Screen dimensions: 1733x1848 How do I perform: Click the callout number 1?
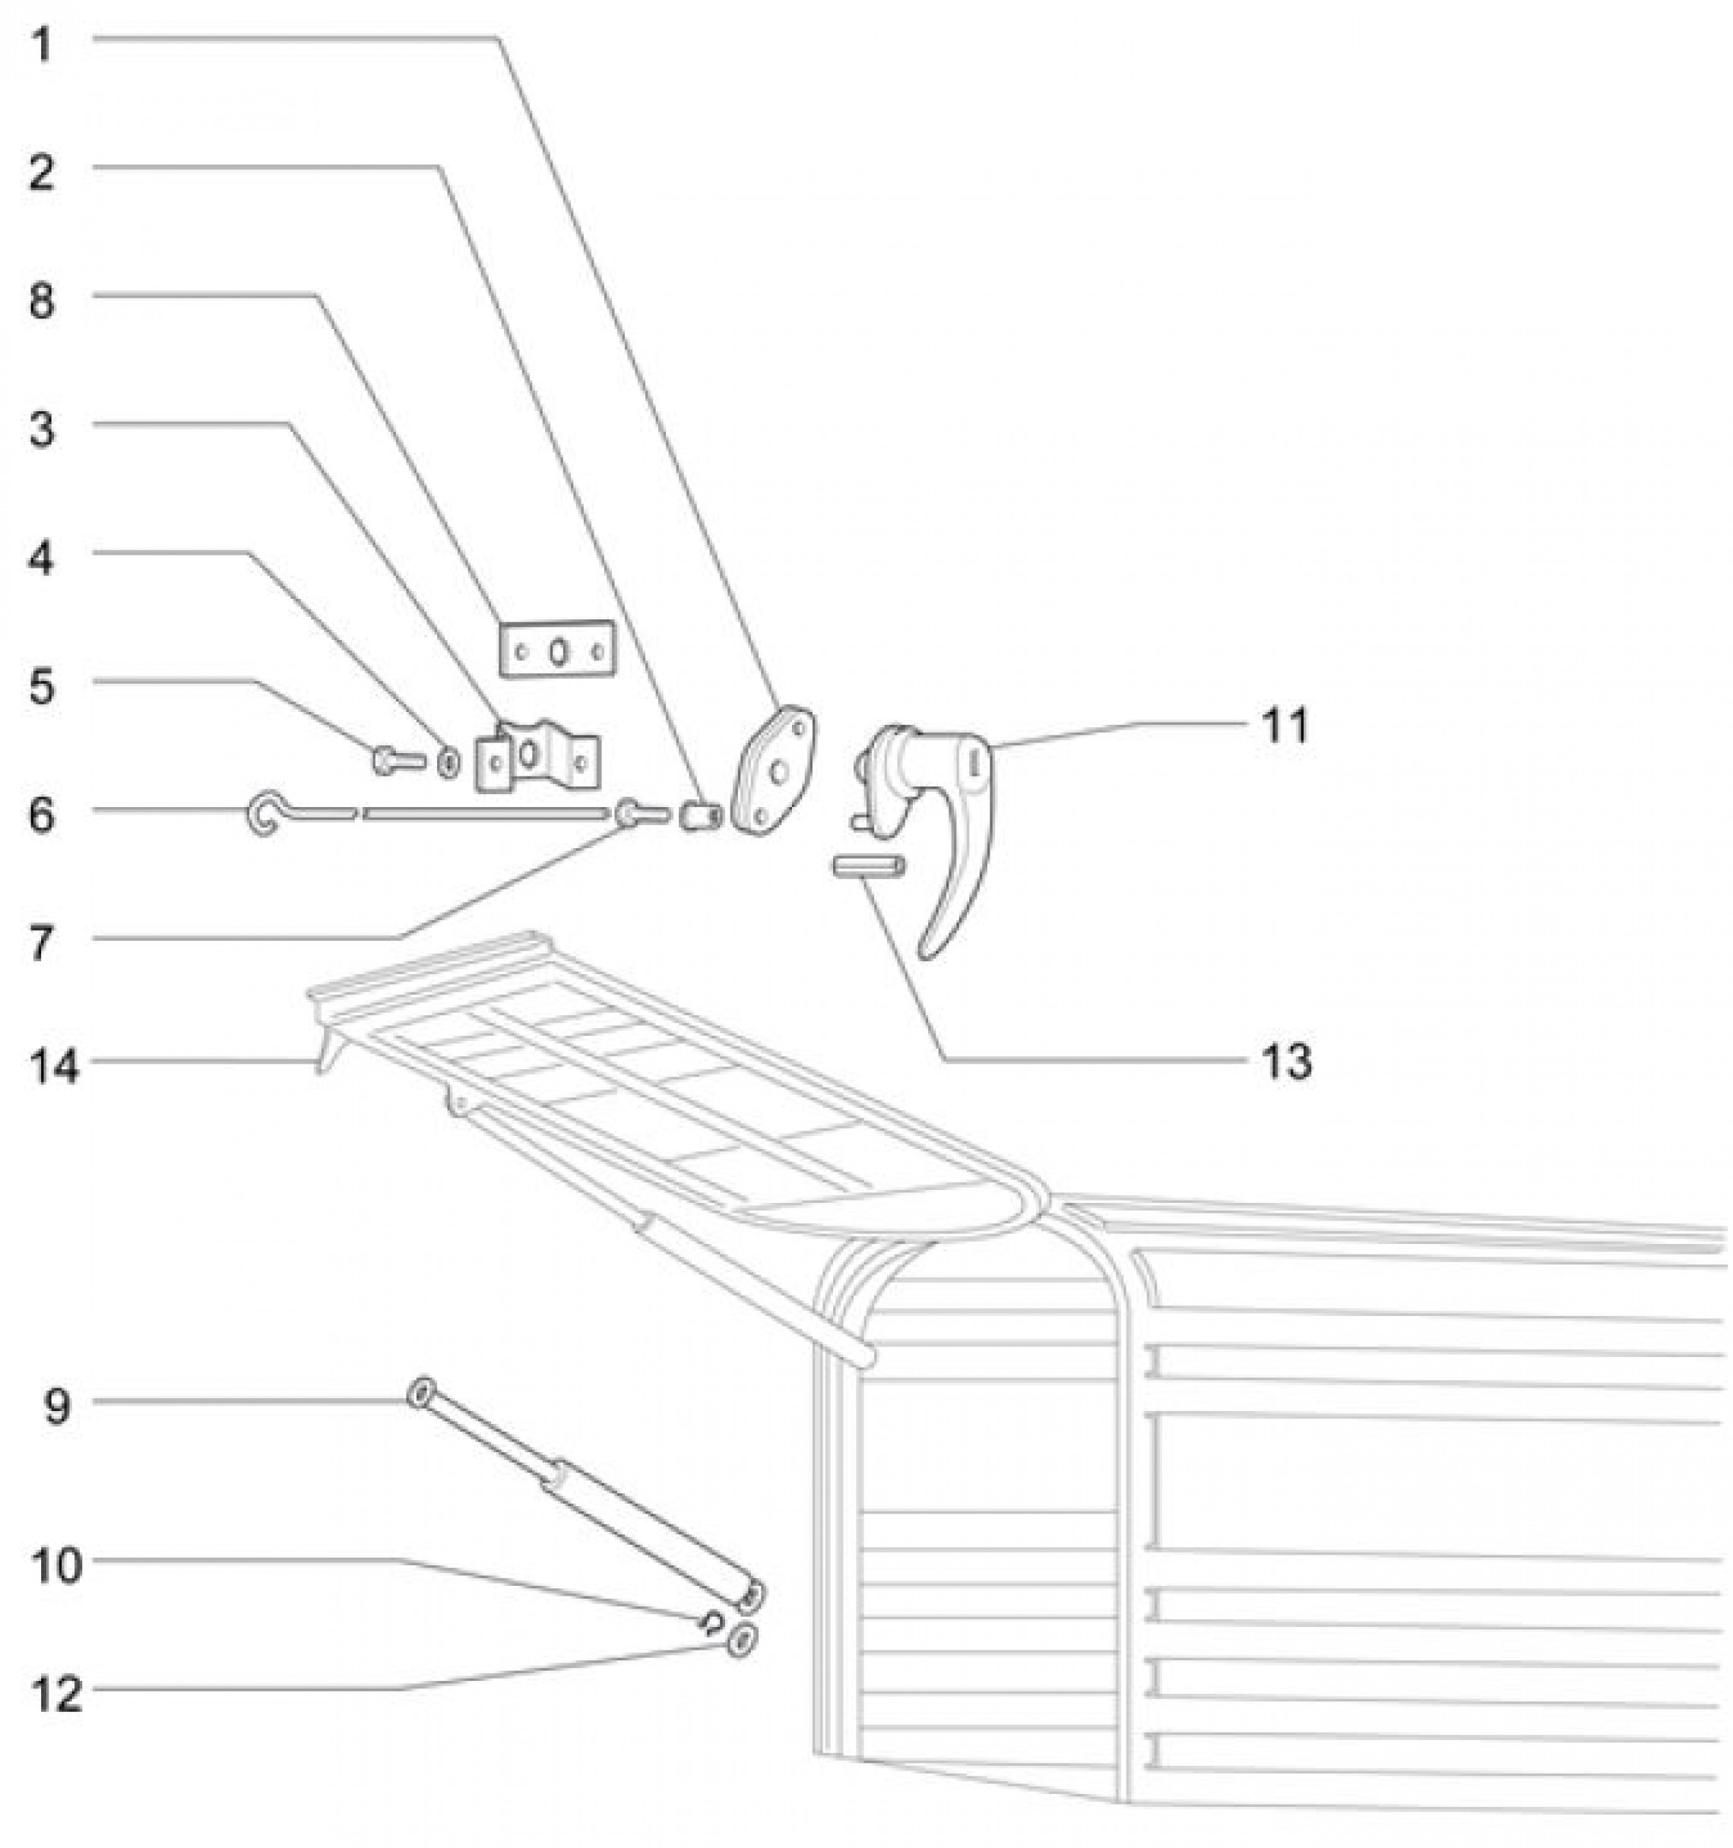pyautogui.click(x=41, y=45)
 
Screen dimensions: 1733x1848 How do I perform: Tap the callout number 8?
pyautogui.click(x=42, y=302)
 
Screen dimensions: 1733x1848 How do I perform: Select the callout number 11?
pyautogui.click(x=1285, y=725)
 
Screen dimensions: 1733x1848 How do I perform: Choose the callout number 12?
pyautogui.click(x=55, y=1694)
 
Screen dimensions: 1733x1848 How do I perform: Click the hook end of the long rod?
pyautogui.click(x=261, y=815)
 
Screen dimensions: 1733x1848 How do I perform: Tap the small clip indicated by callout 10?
pyautogui.click(x=711, y=1622)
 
